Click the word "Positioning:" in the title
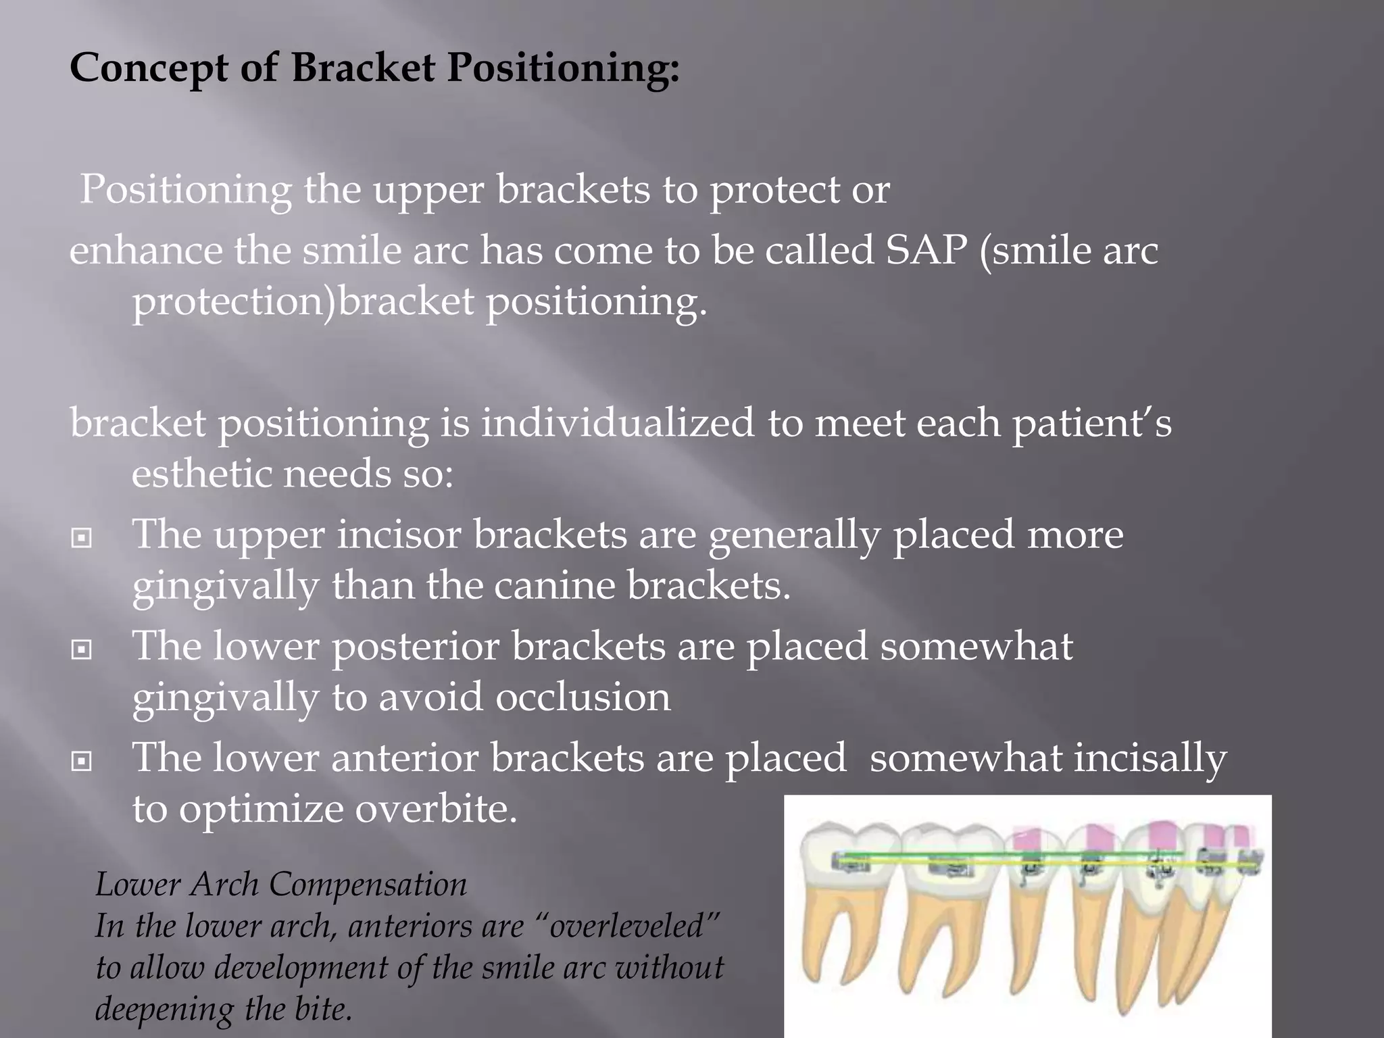pyautogui.click(x=563, y=68)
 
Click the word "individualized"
pyautogui.click(x=617, y=423)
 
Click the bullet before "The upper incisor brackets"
pyautogui.click(x=82, y=538)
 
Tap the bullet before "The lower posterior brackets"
pyautogui.click(x=82, y=650)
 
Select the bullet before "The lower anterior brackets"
pyautogui.click(x=82, y=762)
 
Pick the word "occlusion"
pyautogui.click(x=583, y=697)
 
